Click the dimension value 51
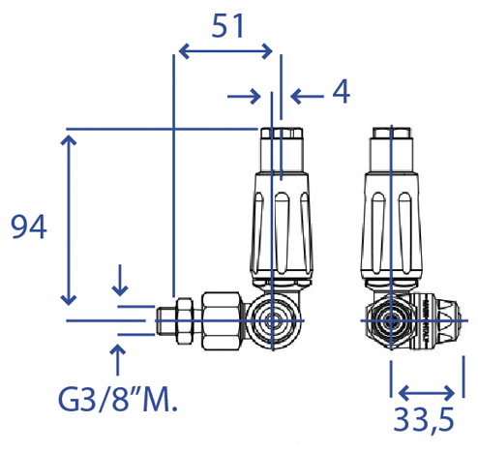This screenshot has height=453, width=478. [227, 26]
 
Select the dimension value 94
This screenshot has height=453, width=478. [29, 226]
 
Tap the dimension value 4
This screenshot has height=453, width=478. [342, 91]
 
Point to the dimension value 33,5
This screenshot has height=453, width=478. [424, 420]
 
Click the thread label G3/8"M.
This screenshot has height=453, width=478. [118, 400]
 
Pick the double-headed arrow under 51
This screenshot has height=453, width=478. [225, 51]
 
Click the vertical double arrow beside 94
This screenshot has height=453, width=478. [69, 220]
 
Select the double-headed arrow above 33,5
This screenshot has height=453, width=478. [427, 393]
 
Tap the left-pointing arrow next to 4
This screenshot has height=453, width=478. [307, 96]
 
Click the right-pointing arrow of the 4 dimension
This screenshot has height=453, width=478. [244, 96]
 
